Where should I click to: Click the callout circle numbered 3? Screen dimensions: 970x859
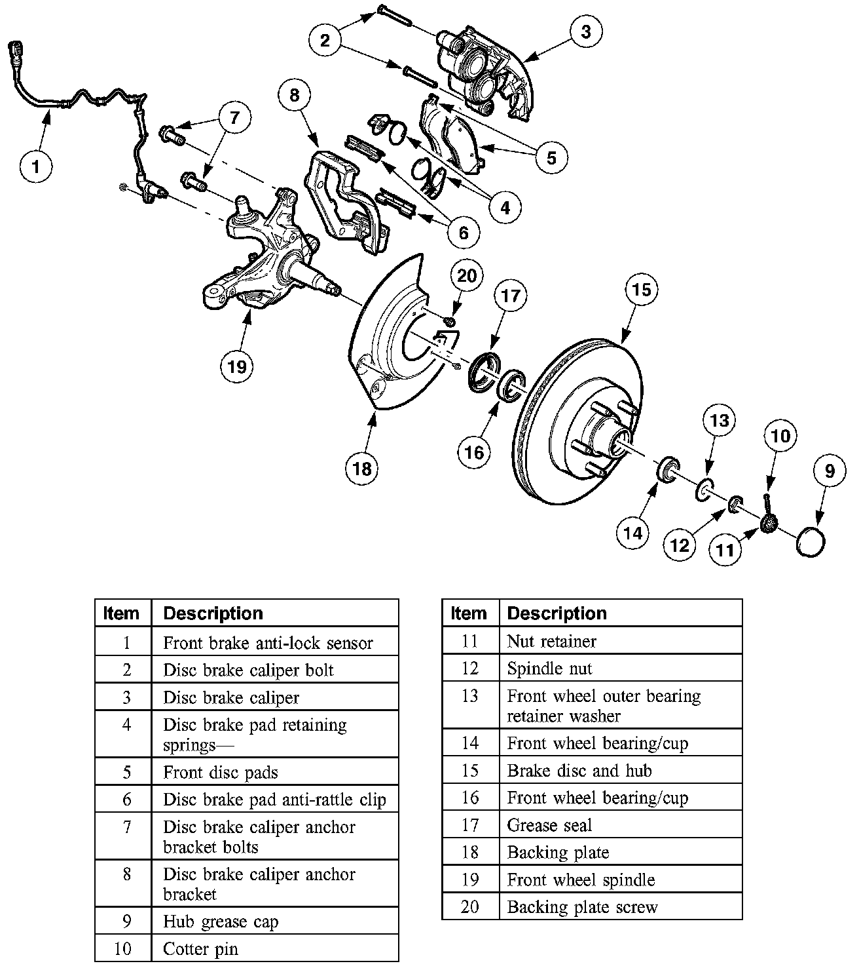[x=585, y=31]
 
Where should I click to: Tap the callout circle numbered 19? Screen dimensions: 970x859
[x=237, y=365]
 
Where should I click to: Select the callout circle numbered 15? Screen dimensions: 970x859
[x=641, y=289]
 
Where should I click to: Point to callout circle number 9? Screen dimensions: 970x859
[x=830, y=471]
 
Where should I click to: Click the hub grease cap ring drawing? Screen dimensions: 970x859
[x=810, y=542]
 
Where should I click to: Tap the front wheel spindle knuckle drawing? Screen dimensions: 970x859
[x=268, y=256]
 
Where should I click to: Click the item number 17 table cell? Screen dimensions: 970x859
[x=470, y=825]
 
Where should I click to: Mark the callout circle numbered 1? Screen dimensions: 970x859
[x=35, y=166]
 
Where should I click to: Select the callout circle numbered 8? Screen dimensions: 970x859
[x=294, y=95]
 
